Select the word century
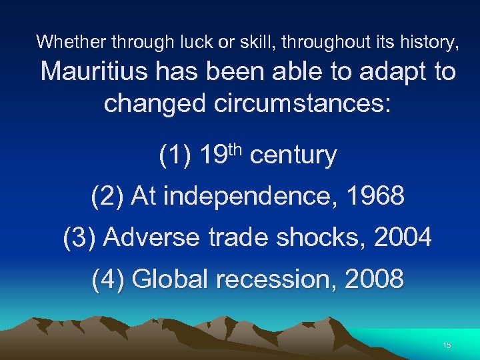click(x=293, y=156)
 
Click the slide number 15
click(x=447, y=345)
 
